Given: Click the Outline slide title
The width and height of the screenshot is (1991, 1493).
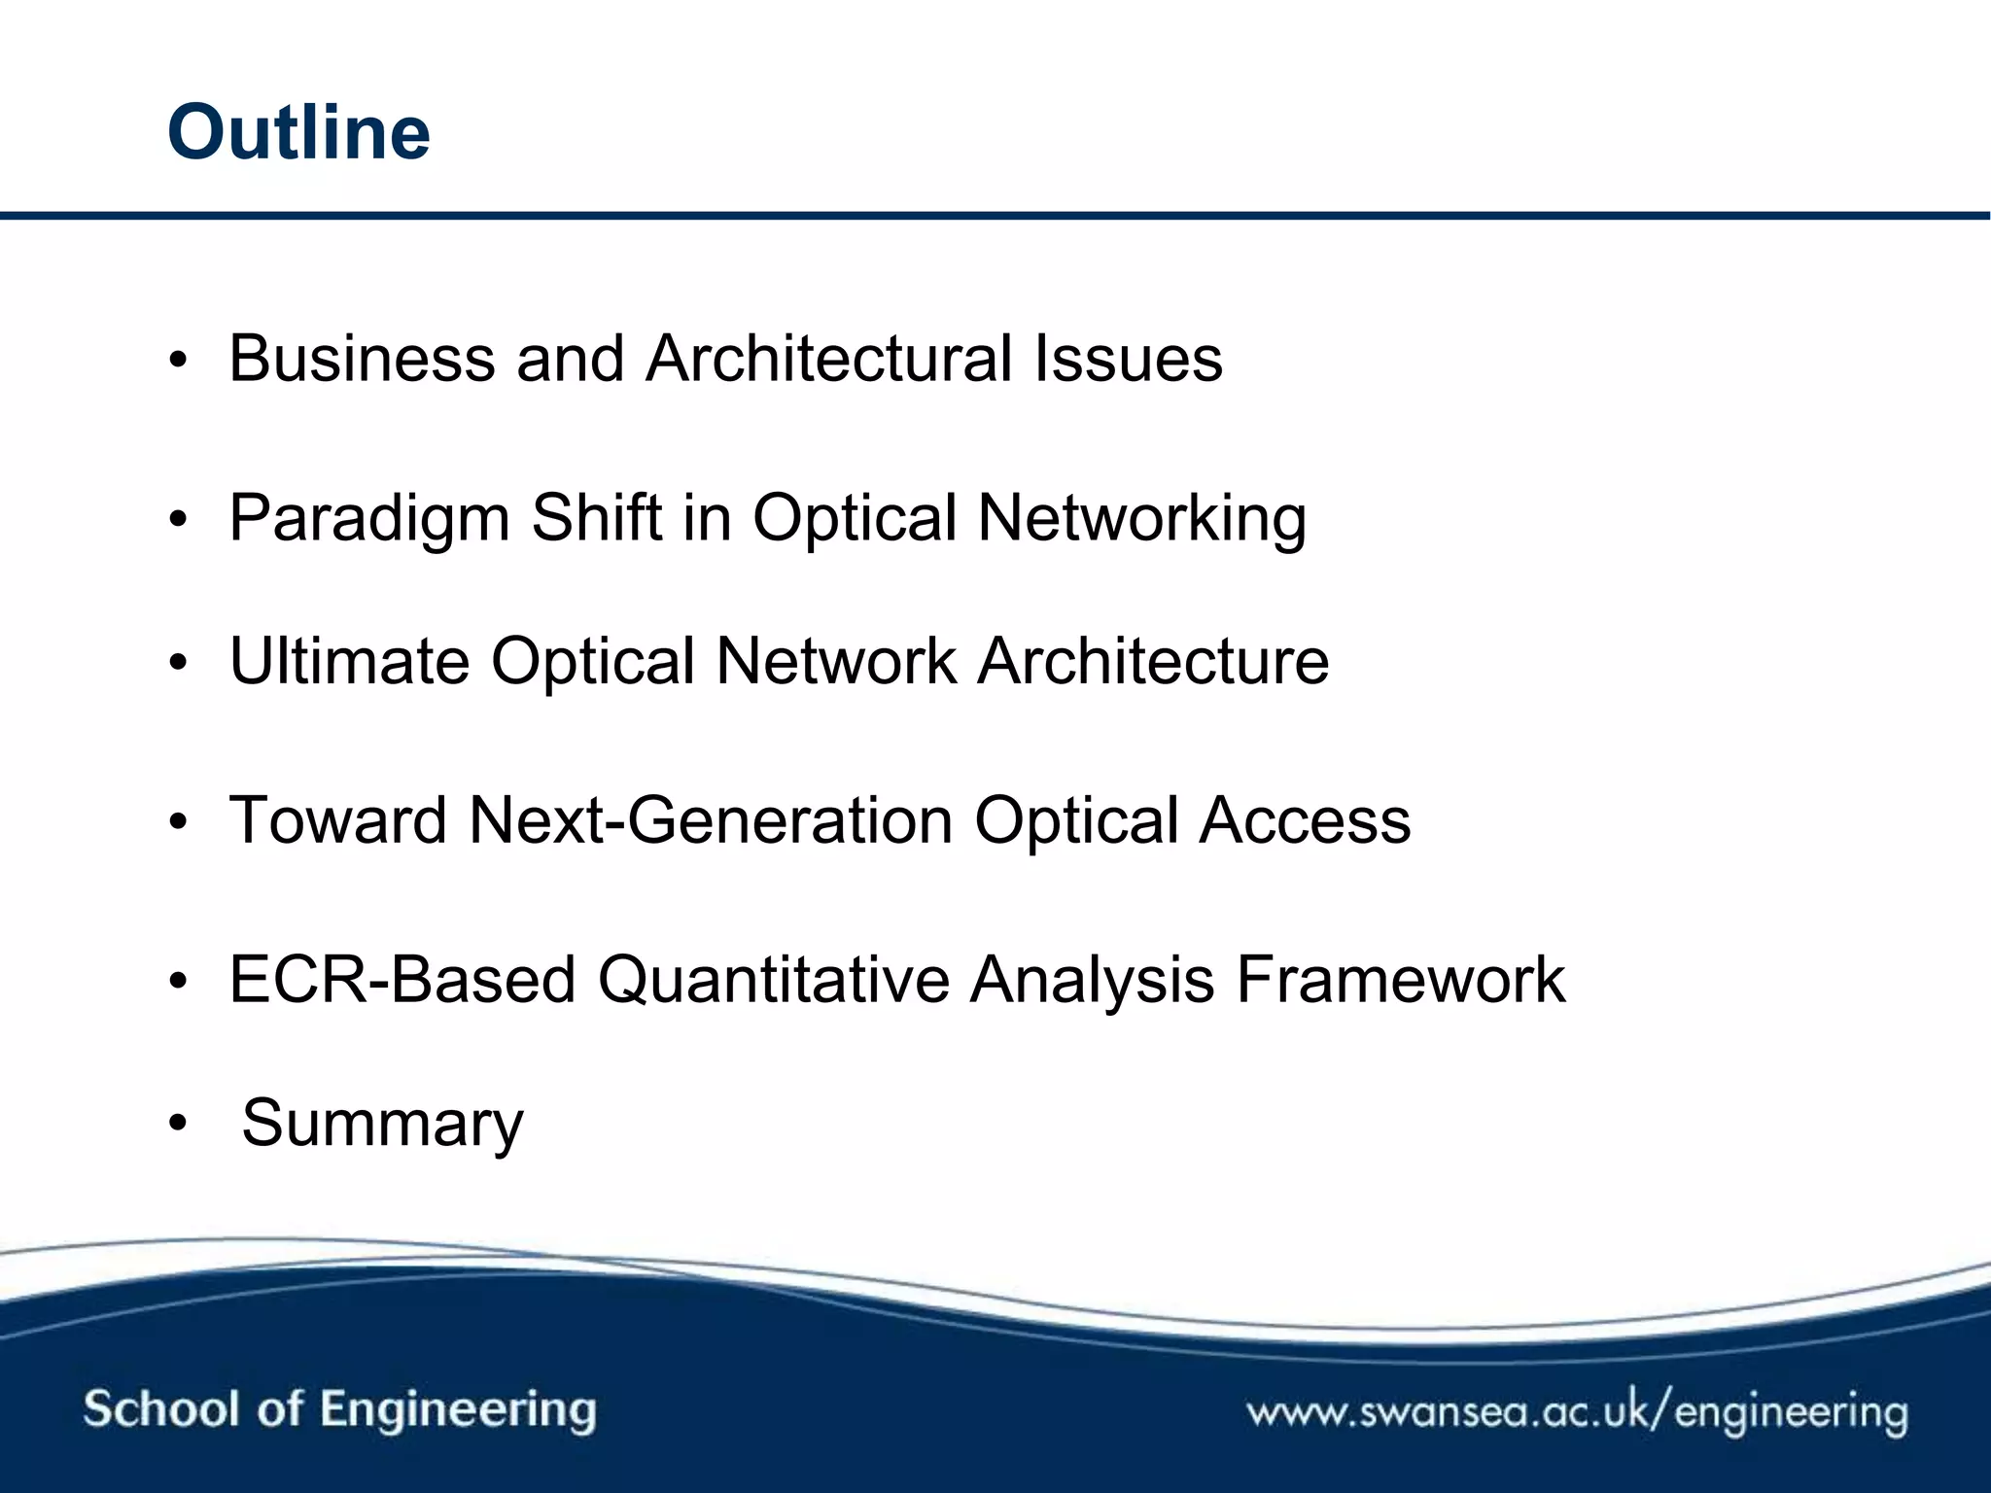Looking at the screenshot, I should click(x=298, y=132).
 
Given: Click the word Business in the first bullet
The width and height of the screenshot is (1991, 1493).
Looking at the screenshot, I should click(x=362, y=359).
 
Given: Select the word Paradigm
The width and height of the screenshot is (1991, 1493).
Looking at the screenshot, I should click(x=369, y=519).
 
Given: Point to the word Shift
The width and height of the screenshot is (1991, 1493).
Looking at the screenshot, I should click(x=596, y=517).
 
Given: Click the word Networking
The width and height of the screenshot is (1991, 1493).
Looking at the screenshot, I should click(x=1141, y=519).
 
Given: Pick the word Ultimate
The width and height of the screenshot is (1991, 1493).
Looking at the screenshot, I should click(x=349, y=662).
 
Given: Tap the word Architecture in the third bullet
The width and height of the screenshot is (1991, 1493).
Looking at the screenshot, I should click(x=1153, y=662).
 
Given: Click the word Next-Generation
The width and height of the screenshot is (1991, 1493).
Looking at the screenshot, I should click(x=711, y=821).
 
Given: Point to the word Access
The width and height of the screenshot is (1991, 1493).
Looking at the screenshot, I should click(x=1304, y=821).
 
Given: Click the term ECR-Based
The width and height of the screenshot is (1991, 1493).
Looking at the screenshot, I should click(x=402, y=980).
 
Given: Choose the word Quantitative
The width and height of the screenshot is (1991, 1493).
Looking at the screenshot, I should click(x=773, y=980).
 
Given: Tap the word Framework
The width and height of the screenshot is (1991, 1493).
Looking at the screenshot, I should click(x=1400, y=980).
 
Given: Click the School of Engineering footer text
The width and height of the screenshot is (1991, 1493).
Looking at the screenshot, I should click(x=339, y=1409).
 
